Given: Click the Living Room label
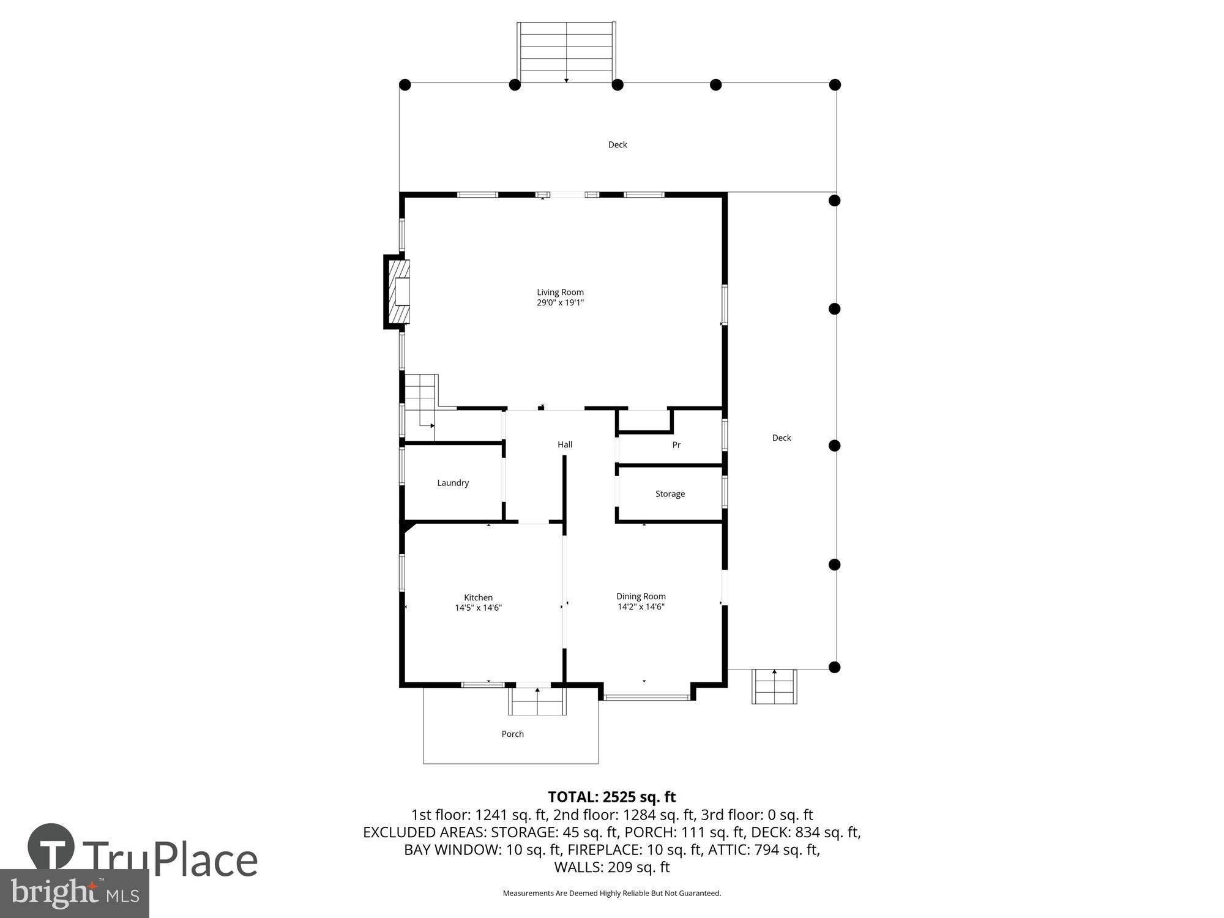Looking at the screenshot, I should (x=560, y=292).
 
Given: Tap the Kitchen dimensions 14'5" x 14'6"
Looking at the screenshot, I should (x=478, y=608).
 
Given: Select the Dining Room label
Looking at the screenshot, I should (x=641, y=596).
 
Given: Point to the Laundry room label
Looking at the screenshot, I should (x=453, y=483).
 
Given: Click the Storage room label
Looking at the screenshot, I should (x=670, y=494).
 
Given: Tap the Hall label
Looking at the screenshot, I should (x=565, y=444).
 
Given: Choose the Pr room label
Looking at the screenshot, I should (x=676, y=445).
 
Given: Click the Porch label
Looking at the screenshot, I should (x=512, y=734).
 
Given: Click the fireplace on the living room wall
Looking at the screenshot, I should (x=398, y=292).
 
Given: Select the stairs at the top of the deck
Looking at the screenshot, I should (x=566, y=52).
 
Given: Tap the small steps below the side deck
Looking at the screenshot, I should (x=774, y=687).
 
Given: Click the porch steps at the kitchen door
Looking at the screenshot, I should (x=537, y=701).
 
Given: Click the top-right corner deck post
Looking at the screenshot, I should (x=835, y=84).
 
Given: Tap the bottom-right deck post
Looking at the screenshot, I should (x=834, y=667).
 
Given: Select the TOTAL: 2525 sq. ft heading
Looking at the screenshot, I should (x=611, y=797).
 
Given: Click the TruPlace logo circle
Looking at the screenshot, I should (x=51, y=848).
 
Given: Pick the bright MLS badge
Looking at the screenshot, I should (x=75, y=894).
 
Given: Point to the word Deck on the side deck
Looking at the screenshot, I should (x=782, y=438).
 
